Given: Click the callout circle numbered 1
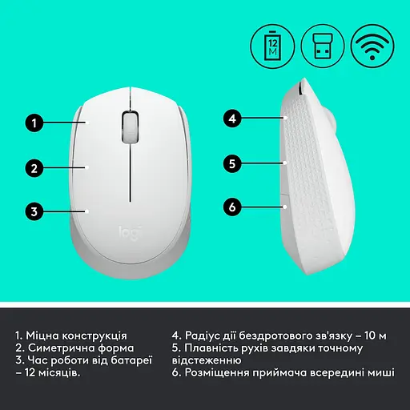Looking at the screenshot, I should click(x=33, y=123).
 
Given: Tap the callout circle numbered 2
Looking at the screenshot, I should click(x=33, y=168).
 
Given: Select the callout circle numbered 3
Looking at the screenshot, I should click(x=33, y=212).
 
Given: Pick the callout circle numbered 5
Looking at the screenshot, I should click(x=232, y=163).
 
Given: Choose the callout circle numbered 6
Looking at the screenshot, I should click(x=232, y=207).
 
